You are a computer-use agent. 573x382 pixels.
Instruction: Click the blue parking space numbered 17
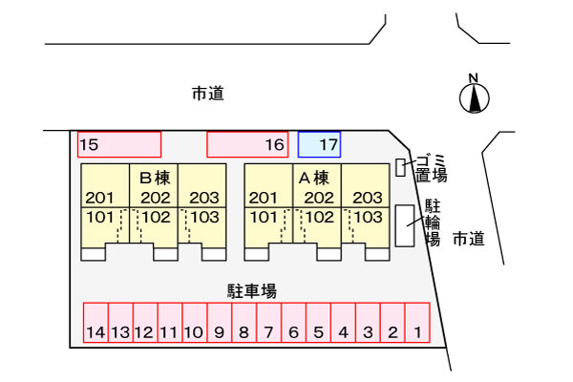click(319, 144)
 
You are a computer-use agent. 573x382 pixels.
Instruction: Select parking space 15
click(119, 144)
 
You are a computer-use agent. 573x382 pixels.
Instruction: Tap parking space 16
click(247, 144)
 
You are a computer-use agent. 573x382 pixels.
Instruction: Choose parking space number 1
click(417, 323)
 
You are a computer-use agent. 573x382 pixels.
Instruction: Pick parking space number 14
click(95, 323)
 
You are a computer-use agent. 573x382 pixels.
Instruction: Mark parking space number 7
click(269, 323)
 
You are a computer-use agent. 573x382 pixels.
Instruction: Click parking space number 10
click(195, 323)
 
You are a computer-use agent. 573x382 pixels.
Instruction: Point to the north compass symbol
click(474, 95)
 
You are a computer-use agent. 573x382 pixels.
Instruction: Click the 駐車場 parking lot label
click(252, 289)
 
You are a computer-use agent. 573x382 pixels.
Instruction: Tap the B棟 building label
click(154, 178)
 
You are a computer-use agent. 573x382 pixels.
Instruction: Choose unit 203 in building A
click(367, 198)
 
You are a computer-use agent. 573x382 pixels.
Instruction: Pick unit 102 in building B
click(157, 217)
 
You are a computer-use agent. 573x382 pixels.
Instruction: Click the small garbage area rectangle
click(400, 168)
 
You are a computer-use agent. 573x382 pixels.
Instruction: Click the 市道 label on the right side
click(468, 239)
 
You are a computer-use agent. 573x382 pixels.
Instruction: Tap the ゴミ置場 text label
click(432, 167)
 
